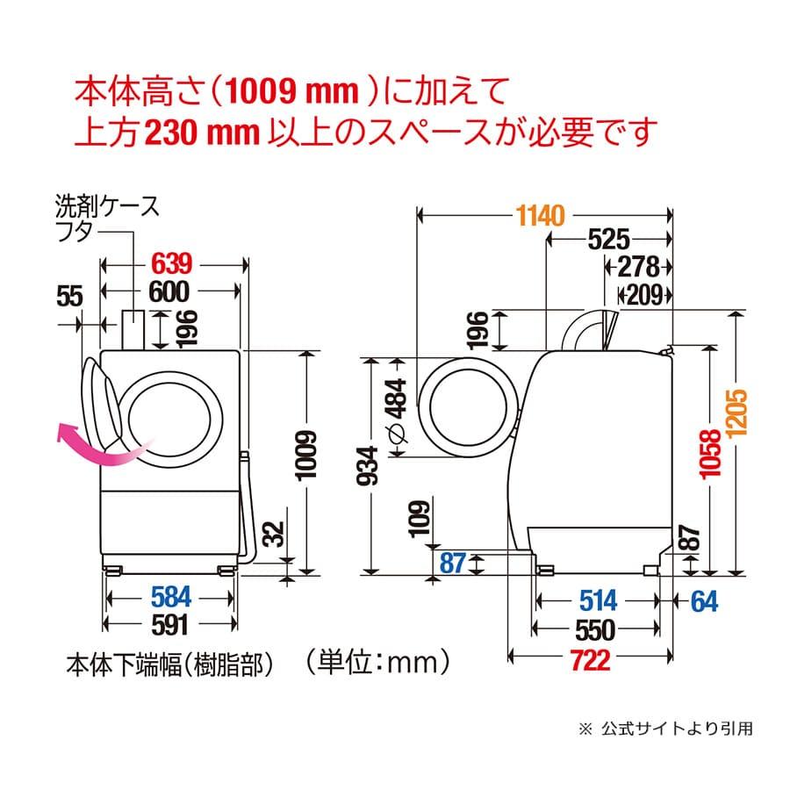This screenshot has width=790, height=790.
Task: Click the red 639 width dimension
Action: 172,262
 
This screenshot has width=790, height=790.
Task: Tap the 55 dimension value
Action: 68,297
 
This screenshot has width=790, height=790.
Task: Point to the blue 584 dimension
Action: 169,598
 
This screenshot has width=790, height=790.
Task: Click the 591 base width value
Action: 169,626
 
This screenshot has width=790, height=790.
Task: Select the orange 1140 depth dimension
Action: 542,214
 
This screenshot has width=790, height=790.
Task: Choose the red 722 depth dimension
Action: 589,660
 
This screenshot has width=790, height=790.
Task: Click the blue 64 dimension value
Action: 704,600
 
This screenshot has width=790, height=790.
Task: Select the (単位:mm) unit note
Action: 368,657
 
